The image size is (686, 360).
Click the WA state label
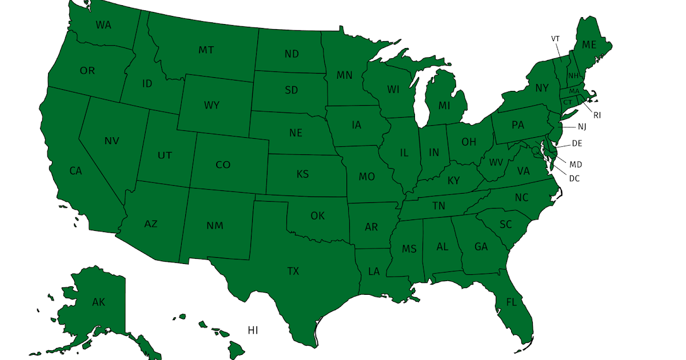103,25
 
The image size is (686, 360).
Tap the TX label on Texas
293,271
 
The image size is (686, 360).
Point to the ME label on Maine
589,45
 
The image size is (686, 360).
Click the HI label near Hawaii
253,330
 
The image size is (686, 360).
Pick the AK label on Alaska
98,302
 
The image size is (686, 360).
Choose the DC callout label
575,178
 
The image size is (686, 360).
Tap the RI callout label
597,115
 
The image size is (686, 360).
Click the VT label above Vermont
555,38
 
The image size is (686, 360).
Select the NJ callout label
582,126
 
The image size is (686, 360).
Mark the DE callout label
577,143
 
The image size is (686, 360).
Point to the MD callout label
576,165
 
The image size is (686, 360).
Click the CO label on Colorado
223,165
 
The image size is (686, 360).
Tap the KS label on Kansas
303,174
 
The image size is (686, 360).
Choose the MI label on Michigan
445,106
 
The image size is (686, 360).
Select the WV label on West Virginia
495,162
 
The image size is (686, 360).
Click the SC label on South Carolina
505,225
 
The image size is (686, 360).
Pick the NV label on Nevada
112,141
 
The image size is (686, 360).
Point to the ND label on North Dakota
292,54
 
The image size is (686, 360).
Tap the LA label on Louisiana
374,271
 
